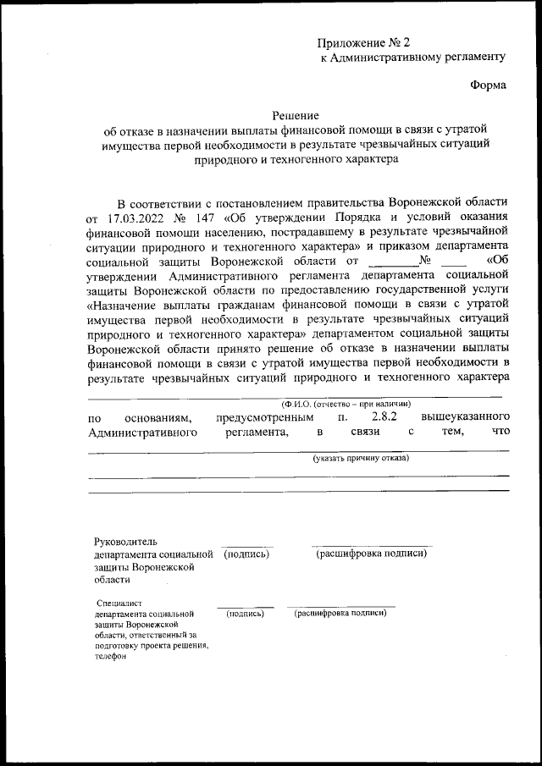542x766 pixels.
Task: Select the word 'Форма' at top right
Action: point(488,85)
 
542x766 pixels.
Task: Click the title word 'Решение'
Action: point(295,115)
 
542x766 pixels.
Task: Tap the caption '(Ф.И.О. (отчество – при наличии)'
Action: point(346,403)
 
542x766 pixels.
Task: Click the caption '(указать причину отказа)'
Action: point(360,458)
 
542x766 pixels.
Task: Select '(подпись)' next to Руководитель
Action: point(246,554)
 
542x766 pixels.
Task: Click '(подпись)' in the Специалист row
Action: point(245,613)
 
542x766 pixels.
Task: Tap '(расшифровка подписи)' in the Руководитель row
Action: point(371,554)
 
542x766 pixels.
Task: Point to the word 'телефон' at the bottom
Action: point(110,656)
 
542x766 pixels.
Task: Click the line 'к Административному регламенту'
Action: point(412,57)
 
